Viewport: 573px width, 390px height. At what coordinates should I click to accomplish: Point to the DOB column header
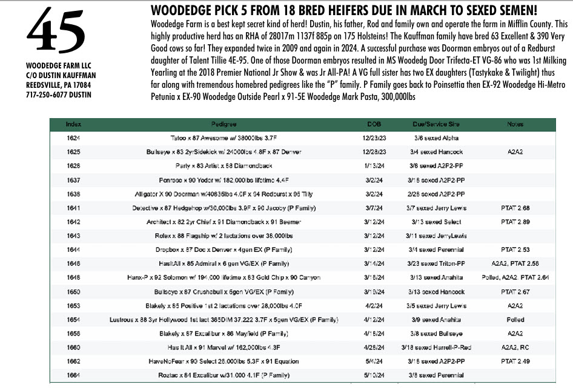(374, 124)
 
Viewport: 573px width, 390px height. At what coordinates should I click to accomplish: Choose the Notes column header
(516, 124)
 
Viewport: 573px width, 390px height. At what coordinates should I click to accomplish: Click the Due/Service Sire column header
(436, 124)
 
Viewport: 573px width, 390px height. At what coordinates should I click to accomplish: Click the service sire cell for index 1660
(436, 347)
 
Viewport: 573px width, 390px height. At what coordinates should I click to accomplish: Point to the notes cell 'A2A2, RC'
(516, 347)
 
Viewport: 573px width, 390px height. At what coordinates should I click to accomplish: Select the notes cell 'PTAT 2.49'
(516, 362)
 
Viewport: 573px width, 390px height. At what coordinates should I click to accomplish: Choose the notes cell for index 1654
(516, 319)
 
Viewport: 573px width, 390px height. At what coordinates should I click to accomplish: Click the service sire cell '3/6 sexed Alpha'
(436, 137)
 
